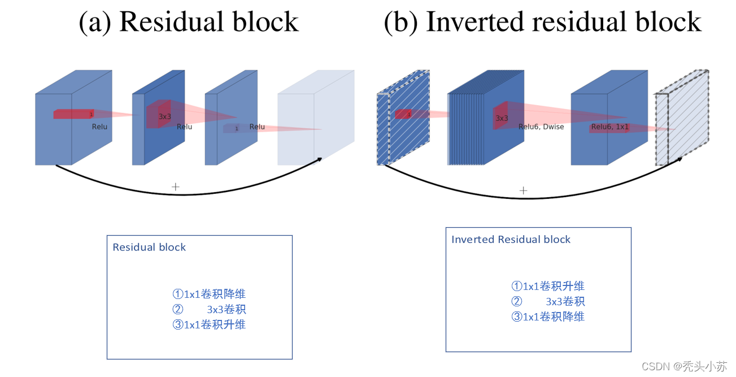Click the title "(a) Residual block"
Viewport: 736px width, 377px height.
pos(189,22)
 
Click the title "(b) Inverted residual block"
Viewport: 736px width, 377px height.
pos(542,22)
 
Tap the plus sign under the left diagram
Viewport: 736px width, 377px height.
pos(176,187)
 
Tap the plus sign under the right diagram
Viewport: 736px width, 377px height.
pos(524,190)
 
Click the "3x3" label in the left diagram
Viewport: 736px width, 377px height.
pos(164,116)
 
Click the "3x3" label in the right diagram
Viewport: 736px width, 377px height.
pos(502,118)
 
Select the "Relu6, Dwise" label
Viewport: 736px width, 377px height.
pos(541,127)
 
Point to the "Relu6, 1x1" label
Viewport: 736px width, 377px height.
pos(610,127)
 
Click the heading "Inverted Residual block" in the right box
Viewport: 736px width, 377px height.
pos(511,239)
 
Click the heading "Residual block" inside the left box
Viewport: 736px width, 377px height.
pos(149,247)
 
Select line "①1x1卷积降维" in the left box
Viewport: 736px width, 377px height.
pos(209,294)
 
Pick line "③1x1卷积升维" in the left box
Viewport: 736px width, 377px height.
pos(209,325)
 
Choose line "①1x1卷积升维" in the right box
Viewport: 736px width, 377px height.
pos(548,286)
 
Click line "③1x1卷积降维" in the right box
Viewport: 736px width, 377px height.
pos(548,317)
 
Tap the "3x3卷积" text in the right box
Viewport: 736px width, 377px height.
pos(565,301)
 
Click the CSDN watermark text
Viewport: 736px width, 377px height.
pos(685,366)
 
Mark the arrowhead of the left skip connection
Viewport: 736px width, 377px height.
pos(319,159)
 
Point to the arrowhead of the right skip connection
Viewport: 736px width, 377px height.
pos(679,160)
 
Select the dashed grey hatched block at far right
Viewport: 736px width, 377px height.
pos(682,118)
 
